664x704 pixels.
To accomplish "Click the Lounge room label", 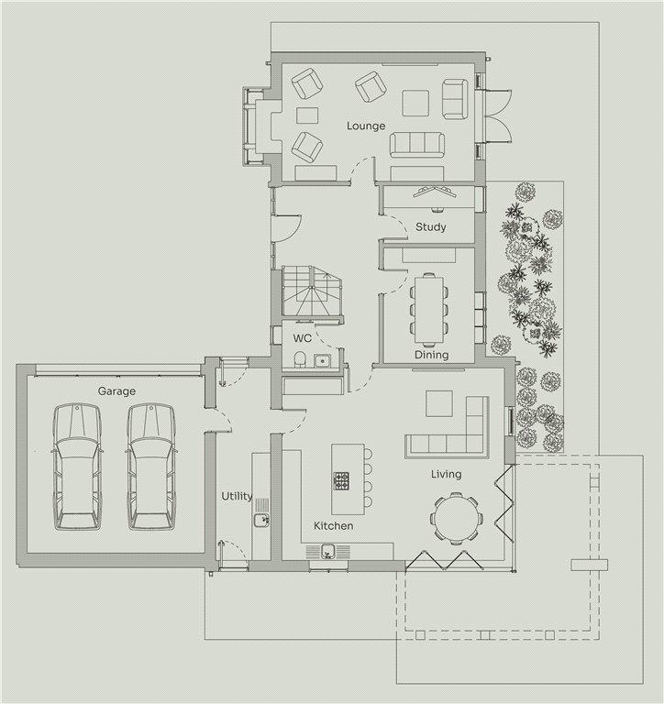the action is point(366,126).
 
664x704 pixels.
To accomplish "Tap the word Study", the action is point(430,226).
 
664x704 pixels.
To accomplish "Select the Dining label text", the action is point(431,355).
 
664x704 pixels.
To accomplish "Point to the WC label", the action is point(303,338).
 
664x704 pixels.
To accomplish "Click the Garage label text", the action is point(116,391).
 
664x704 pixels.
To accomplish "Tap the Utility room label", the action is point(237,496).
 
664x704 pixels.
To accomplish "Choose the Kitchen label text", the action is point(333,525).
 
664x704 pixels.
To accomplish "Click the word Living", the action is point(446,474).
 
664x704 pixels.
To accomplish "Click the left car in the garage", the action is point(77,467).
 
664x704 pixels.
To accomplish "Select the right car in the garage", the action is point(151,467).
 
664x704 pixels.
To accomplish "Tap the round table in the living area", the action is point(457,519).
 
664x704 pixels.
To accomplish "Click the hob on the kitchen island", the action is point(341,480).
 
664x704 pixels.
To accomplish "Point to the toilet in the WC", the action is point(300,359).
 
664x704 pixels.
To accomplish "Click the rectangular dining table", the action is point(429,310).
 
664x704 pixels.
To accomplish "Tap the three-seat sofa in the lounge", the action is point(417,145).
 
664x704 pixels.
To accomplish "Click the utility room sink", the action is point(260,520).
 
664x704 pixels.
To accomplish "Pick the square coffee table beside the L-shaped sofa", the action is point(439,403).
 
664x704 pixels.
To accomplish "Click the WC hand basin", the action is point(322,360).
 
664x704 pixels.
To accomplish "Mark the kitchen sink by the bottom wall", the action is point(328,551).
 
